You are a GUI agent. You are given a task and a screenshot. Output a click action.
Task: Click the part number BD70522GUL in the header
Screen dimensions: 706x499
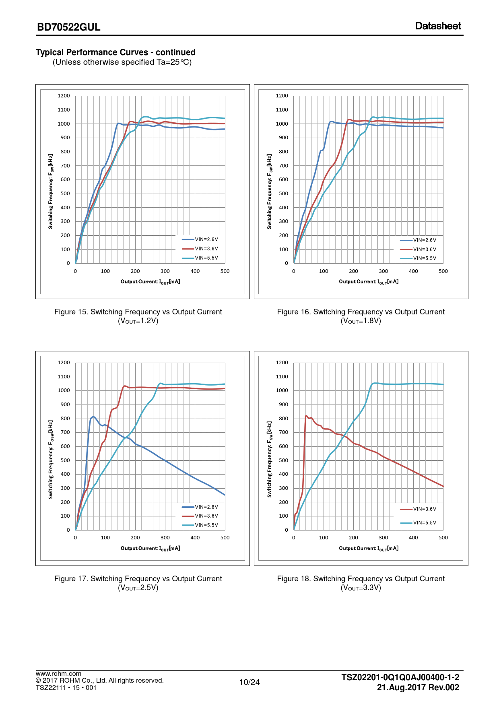tap(69, 27)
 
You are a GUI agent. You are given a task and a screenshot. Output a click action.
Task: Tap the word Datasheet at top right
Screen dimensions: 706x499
tap(438, 26)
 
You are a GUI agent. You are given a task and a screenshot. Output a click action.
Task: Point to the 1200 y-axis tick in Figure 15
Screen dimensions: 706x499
tap(64, 96)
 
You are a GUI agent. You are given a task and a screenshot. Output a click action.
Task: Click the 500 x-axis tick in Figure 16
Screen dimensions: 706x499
tap(443, 271)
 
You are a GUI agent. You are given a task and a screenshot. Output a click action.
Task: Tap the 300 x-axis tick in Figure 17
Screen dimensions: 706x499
tap(165, 538)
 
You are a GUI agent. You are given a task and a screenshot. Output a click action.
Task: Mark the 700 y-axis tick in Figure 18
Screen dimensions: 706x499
tap(283, 432)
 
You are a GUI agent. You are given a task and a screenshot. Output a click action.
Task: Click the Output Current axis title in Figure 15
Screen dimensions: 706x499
tap(150, 282)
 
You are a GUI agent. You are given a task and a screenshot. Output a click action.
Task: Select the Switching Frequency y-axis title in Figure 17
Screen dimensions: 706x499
tap(51, 460)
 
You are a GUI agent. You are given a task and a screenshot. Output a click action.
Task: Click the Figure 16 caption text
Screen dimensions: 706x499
tap(361, 312)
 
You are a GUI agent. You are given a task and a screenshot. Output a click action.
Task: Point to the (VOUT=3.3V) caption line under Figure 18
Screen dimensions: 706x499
tap(361, 588)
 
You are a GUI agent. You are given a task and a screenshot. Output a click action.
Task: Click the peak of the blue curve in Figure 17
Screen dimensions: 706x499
tap(93, 417)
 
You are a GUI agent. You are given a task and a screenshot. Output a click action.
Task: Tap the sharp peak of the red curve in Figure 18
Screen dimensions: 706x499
tap(306, 416)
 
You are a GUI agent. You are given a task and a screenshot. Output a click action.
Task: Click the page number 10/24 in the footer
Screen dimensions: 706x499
tap(249, 682)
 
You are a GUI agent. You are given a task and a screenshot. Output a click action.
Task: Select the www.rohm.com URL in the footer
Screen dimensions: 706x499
tap(58, 674)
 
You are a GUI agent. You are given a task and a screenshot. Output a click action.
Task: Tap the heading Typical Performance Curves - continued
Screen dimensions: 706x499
tap(115, 52)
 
